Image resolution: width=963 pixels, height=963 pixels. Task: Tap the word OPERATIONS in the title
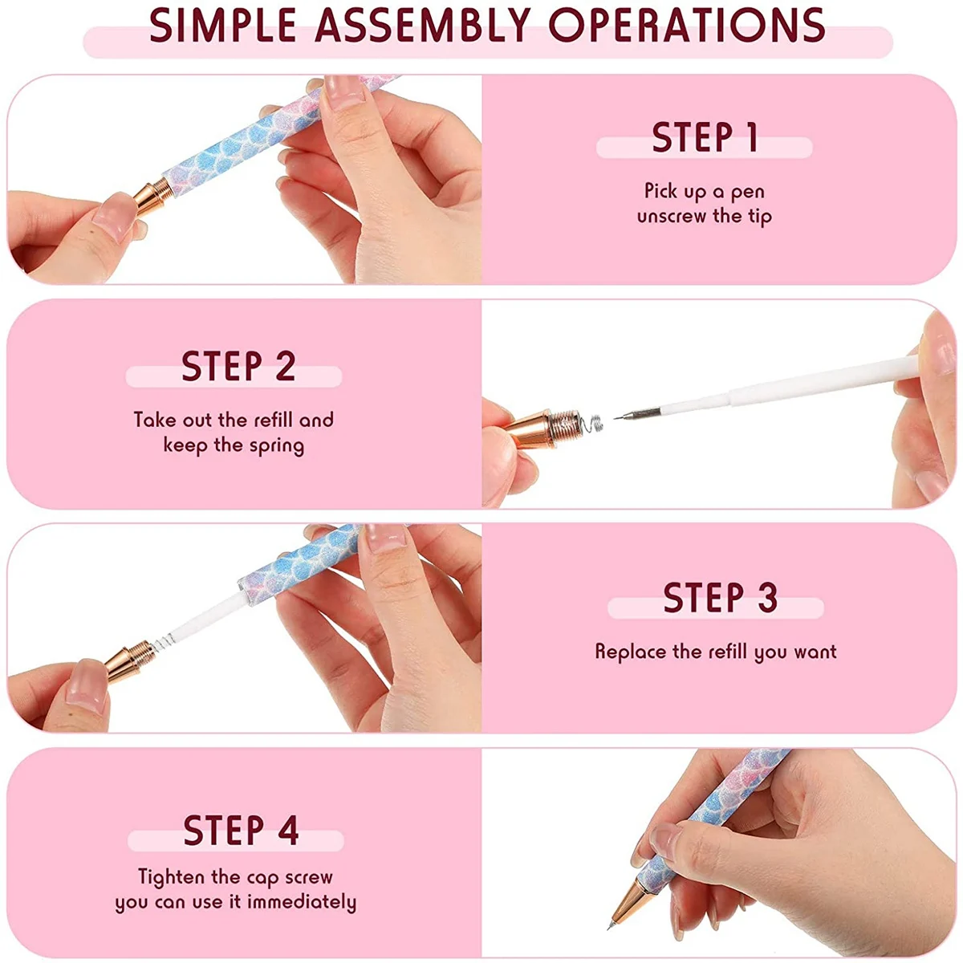pyautogui.click(x=687, y=25)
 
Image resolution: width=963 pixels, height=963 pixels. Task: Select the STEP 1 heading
pyautogui.click(x=705, y=136)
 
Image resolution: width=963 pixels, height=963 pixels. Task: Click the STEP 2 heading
pyautogui.click(x=238, y=366)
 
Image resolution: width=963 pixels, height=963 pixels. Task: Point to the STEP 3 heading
pyautogui.click(x=720, y=597)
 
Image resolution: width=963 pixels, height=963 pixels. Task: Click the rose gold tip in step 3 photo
pyautogui.click(x=129, y=660)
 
